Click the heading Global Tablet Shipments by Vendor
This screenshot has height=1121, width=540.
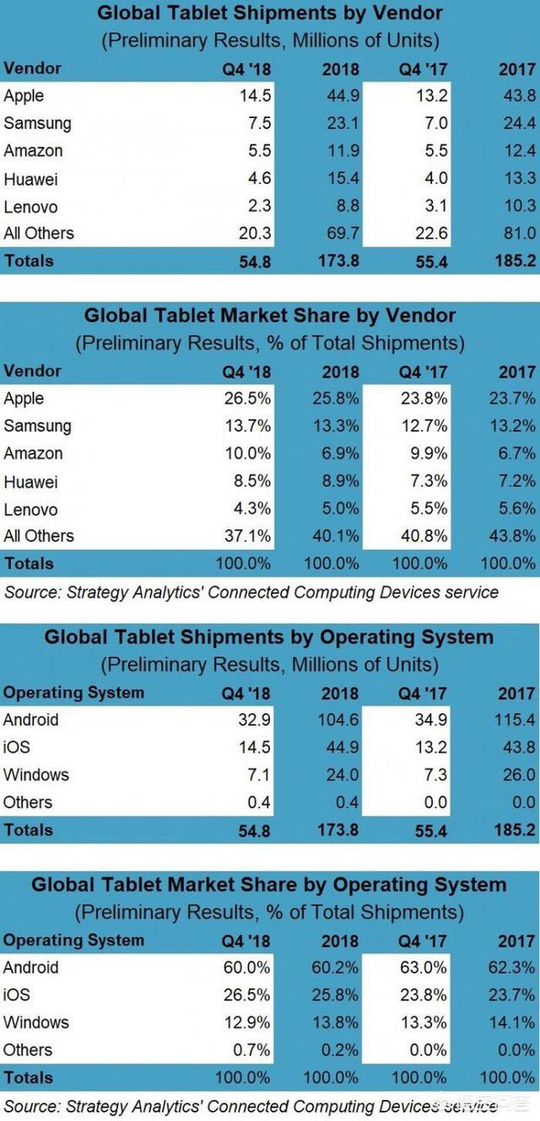pyautogui.click(x=269, y=14)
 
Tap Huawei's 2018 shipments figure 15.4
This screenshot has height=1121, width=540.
pyautogui.click(x=342, y=178)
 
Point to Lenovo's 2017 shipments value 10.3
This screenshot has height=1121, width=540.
pyautogui.click(x=518, y=206)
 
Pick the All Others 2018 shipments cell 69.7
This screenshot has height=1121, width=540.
pyautogui.click(x=342, y=233)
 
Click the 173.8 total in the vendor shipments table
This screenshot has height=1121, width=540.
pyautogui.click(x=337, y=261)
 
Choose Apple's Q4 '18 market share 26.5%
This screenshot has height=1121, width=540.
pyautogui.click(x=249, y=398)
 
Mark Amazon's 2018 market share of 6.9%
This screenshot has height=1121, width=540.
pyautogui.click(x=342, y=453)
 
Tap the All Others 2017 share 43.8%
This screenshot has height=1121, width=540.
pyautogui.click(x=515, y=536)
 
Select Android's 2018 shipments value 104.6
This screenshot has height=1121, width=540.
pyautogui.click(x=337, y=720)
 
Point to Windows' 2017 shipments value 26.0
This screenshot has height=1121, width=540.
pyautogui.click(x=518, y=775)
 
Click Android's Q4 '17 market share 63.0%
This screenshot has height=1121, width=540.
pyautogui.click(x=426, y=967)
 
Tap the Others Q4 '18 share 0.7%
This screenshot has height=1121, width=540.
pyautogui.click(x=253, y=1050)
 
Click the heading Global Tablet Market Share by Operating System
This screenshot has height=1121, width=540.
pyautogui.click(x=269, y=885)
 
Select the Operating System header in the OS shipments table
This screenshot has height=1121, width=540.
pyautogui.click(x=73, y=693)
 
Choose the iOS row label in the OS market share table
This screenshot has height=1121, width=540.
pyautogui.click(x=17, y=995)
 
